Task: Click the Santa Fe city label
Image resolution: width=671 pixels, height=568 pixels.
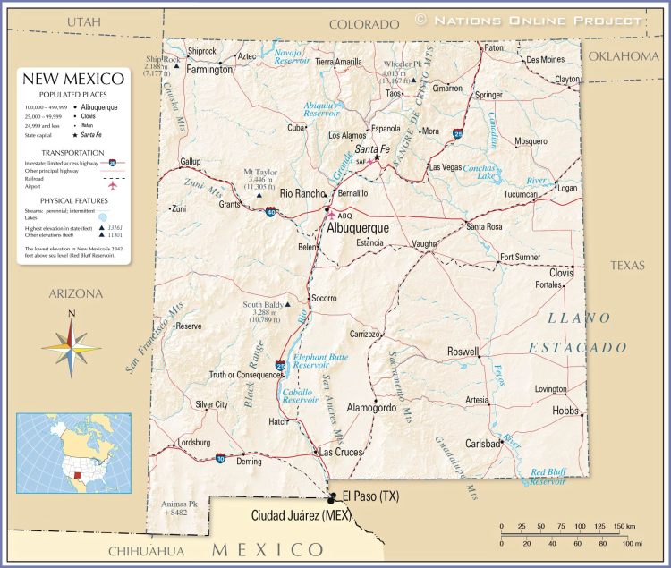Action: pyautogui.click(x=372, y=148)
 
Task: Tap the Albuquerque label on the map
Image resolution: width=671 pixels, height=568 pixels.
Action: pyautogui.click(x=359, y=229)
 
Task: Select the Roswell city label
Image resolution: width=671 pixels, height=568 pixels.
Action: pyautogui.click(x=463, y=352)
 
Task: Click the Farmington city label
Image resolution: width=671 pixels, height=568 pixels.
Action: pyautogui.click(x=208, y=69)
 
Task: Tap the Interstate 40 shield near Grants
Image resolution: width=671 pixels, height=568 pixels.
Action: pyautogui.click(x=270, y=212)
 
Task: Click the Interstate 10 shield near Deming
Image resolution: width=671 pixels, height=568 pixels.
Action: pyautogui.click(x=221, y=458)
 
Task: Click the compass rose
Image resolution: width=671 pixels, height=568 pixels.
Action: pyautogui.click(x=72, y=343)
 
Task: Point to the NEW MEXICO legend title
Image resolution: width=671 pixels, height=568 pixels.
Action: pyautogui.click(x=74, y=81)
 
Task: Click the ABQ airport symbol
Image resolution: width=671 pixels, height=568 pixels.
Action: pyautogui.click(x=332, y=215)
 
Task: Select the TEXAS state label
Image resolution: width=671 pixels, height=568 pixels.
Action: pyautogui.click(x=627, y=266)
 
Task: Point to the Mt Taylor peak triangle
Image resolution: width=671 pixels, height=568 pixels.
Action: pyautogui.click(x=259, y=194)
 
